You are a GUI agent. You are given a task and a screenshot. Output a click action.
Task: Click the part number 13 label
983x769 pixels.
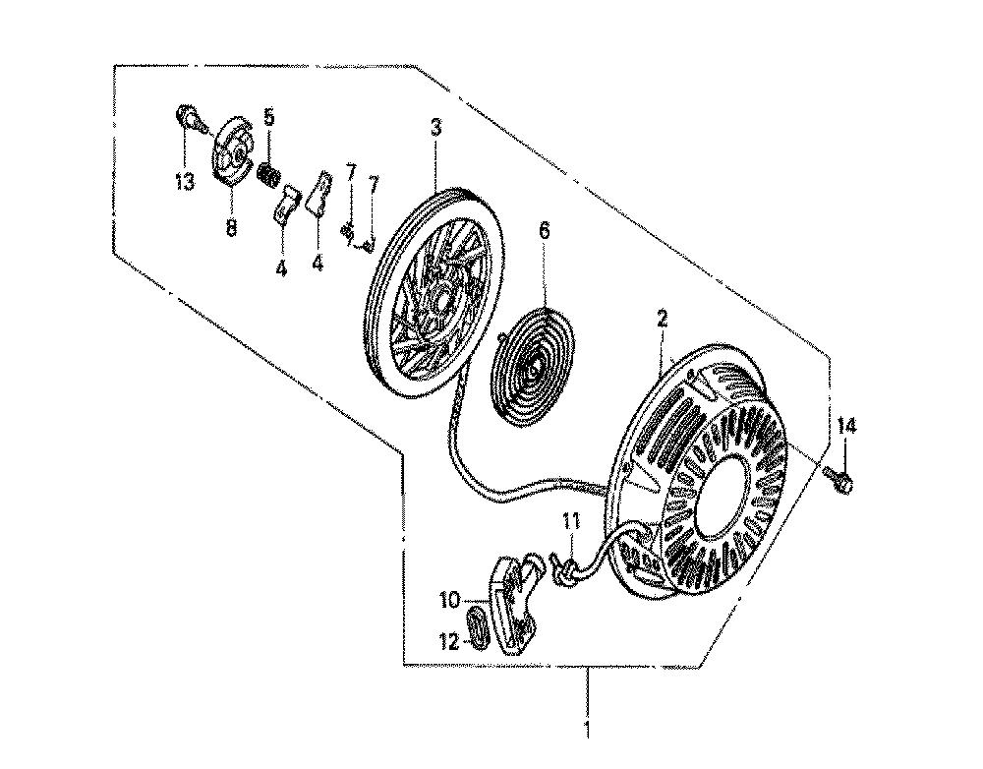(x=185, y=182)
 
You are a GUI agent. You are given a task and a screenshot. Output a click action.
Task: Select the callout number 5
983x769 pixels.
(x=268, y=116)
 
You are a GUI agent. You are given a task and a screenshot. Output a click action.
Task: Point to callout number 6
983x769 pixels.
(x=544, y=231)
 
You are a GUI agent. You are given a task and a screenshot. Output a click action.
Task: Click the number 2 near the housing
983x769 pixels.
(x=662, y=320)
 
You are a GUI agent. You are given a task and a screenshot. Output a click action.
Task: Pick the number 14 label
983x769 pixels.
(x=845, y=427)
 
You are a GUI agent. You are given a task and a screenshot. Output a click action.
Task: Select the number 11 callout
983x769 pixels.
(x=571, y=520)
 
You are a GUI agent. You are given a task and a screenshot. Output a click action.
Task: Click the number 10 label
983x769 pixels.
(x=451, y=600)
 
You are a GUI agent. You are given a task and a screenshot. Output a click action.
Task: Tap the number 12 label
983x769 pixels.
(x=451, y=642)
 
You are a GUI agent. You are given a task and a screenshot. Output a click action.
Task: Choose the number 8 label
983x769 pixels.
(x=231, y=228)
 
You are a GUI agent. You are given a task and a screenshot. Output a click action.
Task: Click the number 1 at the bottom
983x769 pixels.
(x=588, y=730)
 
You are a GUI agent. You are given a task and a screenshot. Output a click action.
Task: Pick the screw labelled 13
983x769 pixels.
(x=189, y=118)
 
